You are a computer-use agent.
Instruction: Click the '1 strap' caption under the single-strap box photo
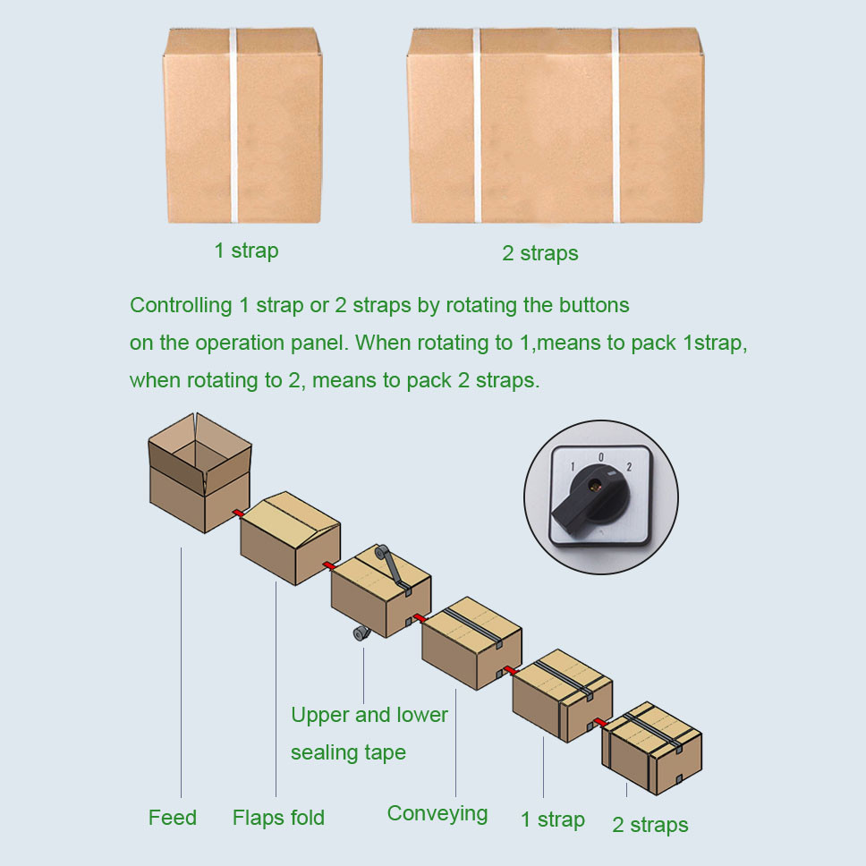[x=246, y=250]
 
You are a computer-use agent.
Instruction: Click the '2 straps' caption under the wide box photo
[x=540, y=253]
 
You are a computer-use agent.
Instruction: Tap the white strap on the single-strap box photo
[x=233, y=125]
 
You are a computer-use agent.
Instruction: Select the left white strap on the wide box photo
[x=477, y=125]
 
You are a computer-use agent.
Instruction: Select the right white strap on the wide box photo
[x=616, y=125]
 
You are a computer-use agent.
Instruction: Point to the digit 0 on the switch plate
[x=601, y=457]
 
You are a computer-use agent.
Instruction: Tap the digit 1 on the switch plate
[x=573, y=467]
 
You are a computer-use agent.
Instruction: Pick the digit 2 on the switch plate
[x=629, y=467]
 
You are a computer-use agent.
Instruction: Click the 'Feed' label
[x=173, y=818]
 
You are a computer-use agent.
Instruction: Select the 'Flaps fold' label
[x=278, y=818]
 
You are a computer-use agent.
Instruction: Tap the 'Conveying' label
[x=437, y=814]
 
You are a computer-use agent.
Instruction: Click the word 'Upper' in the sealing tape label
[x=319, y=715]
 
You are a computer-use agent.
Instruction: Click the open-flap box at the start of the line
[x=200, y=472]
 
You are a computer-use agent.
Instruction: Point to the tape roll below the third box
[x=361, y=633]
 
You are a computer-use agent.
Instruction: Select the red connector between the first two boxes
[x=239, y=514]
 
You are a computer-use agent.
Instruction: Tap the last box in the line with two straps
[x=651, y=749]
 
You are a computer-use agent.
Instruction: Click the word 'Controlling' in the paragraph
[x=181, y=305]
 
